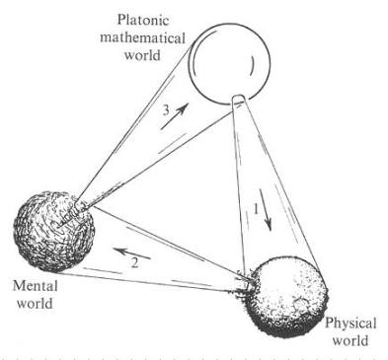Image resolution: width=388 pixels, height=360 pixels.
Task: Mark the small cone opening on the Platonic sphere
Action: tap(240, 100)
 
